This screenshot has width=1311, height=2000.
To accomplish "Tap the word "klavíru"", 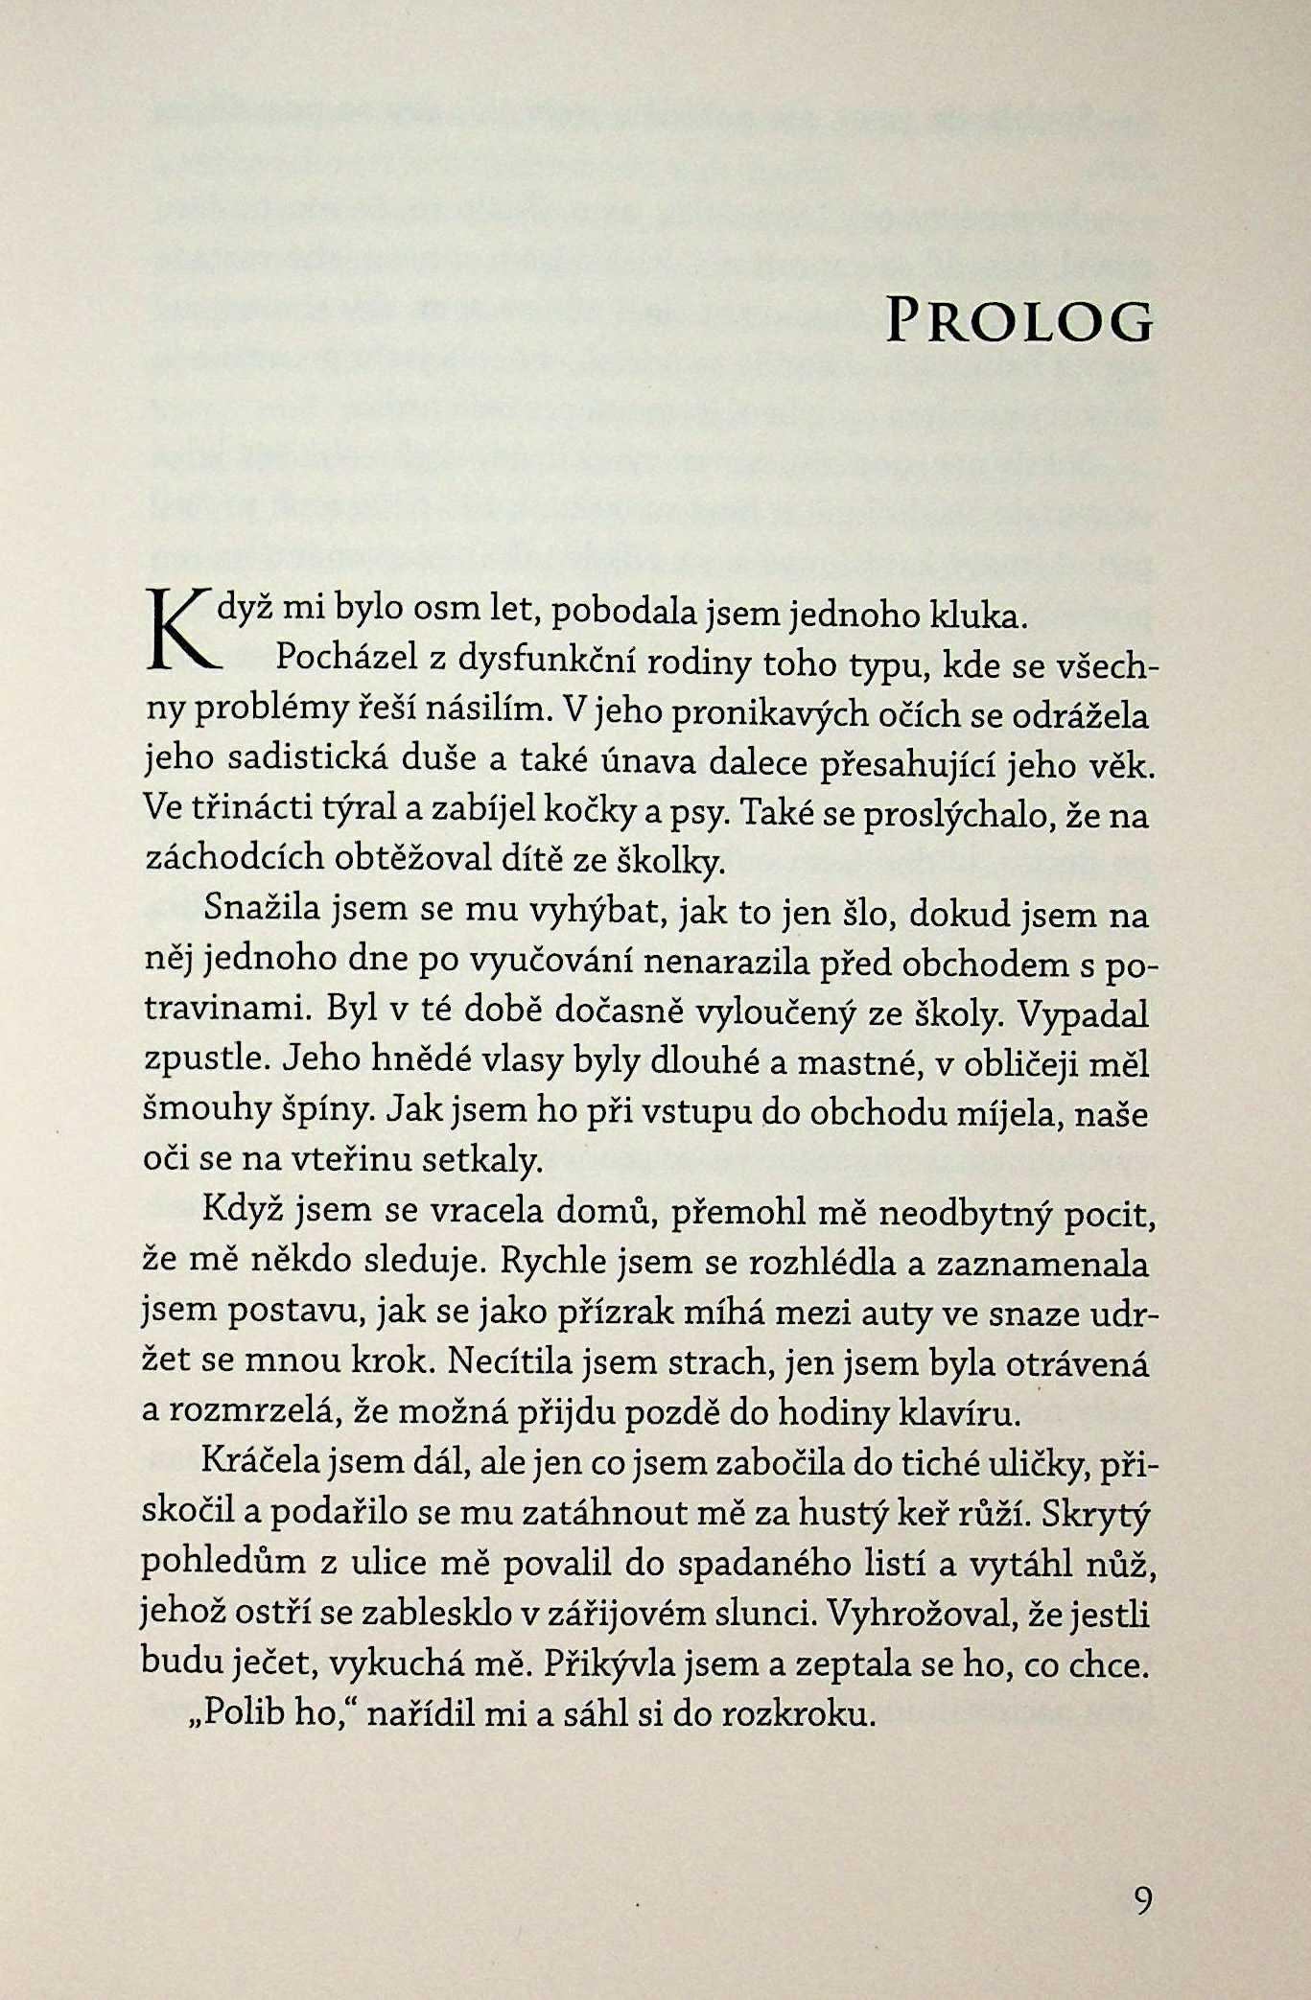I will click(x=951, y=1412).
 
